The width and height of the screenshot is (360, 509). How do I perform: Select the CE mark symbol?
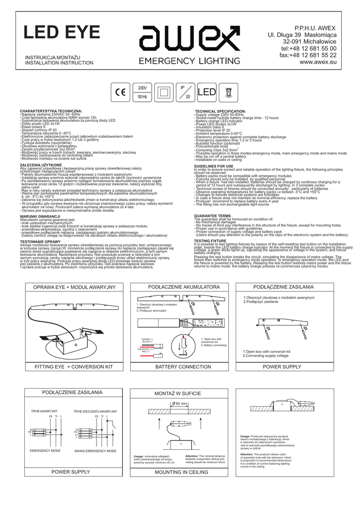tap(121, 92)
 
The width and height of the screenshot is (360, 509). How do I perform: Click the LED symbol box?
tap(220, 92)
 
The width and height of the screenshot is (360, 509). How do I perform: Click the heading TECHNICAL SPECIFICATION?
tap(220, 111)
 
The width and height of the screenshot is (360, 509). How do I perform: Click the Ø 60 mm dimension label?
tap(179, 404)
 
